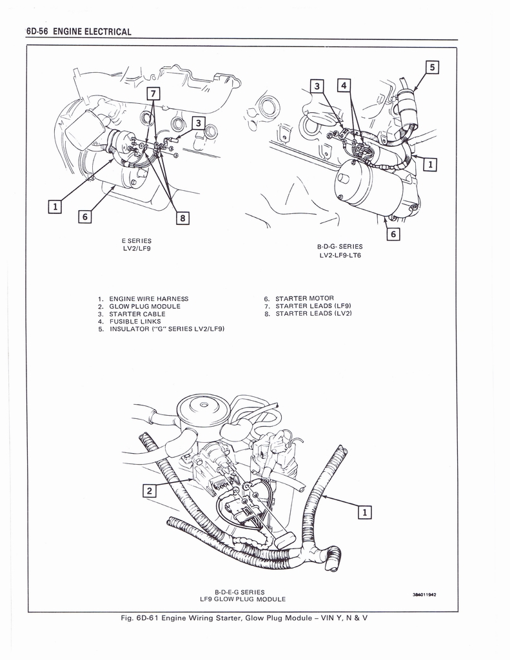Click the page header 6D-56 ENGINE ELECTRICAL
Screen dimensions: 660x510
[x=79, y=32]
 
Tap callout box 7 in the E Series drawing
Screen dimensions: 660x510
[x=153, y=93]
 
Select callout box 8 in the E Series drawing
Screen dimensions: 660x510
[x=183, y=218]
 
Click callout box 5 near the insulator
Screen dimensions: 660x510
[x=433, y=66]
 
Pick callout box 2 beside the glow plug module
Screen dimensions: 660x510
[x=149, y=491]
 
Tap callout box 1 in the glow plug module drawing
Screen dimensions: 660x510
[x=364, y=512]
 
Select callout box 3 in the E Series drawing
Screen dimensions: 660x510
[x=199, y=122]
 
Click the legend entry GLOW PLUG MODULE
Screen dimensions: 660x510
[x=145, y=306]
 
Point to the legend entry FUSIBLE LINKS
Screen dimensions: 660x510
[x=135, y=321]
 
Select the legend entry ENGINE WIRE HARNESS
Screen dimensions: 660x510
[x=149, y=298]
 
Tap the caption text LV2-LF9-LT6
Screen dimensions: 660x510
[x=340, y=255]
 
